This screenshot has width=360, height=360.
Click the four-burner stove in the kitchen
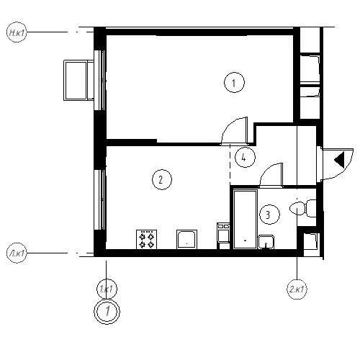click(147, 239)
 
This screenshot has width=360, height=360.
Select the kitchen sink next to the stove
click(186, 239)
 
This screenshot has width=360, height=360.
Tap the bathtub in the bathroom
click(245, 220)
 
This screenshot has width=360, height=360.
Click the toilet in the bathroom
click(303, 208)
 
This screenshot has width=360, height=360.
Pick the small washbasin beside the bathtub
click(266, 242)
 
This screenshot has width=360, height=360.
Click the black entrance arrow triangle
click(340, 160)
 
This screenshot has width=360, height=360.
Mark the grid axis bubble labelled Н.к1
click(17, 32)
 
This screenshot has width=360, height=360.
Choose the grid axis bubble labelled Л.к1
click(17, 253)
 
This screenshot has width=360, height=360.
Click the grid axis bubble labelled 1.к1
click(107, 289)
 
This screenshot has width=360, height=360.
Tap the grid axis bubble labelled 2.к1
click(297, 289)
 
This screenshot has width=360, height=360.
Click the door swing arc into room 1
click(229, 126)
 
